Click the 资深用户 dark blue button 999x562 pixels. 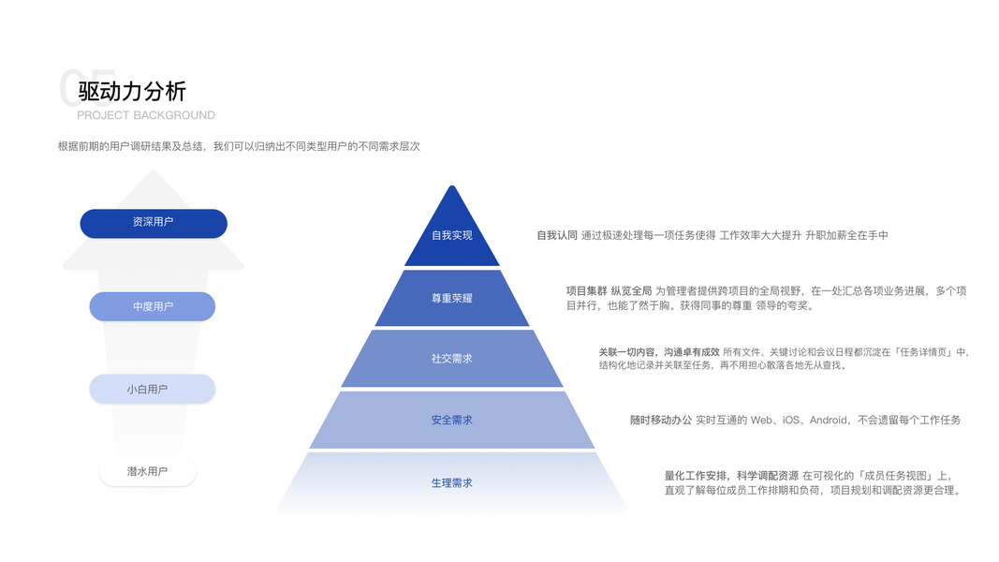(x=154, y=223)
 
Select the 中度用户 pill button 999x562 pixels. (x=153, y=306)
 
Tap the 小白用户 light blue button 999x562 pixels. (x=153, y=389)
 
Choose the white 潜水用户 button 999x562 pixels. (x=148, y=472)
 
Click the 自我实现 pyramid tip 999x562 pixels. (x=452, y=235)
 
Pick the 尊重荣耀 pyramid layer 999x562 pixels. (x=452, y=299)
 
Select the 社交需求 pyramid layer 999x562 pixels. (x=452, y=359)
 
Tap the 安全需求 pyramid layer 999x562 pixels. (x=452, y=421)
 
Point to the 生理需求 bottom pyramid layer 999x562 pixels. (x=452, y=483)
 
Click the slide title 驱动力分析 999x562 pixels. (x=132, y=91)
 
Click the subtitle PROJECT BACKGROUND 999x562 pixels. (x=146, y=115)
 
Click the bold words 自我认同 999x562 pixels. (x=557, y=235)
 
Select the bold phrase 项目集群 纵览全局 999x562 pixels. (x=609, y=291)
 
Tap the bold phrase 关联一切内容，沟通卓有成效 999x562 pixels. (x=659, y=352)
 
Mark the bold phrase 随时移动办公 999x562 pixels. (x=661, y=421)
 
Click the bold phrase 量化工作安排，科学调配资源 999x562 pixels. (x=731, y=476)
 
